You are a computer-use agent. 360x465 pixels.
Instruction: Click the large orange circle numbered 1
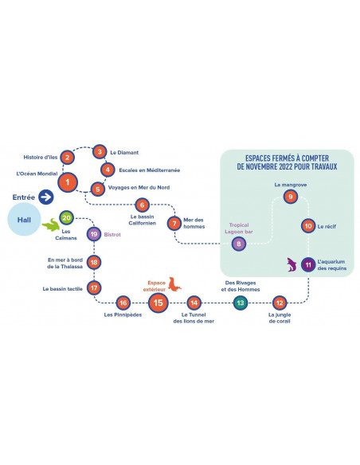click(68, 182)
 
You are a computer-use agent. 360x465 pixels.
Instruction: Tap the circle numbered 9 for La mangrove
click(291, 197)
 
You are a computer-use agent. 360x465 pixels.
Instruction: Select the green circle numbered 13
click(241, 303)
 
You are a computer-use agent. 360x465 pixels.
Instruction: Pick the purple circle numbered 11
click(308, 264)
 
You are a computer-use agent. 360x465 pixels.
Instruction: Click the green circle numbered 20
click(66, 218)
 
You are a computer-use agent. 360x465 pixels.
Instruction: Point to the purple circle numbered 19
click(94, 234)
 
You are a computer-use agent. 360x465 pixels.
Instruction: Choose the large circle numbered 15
click(158, 303)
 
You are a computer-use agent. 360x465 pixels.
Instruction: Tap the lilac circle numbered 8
click(239, 244)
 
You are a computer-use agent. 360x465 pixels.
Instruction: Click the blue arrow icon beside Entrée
click(46, 197)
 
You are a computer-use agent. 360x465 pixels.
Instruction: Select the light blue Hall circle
click(24, 220)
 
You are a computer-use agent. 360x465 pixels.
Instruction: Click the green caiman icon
click(51, 225)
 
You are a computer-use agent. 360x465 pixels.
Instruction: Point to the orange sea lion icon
click(174, 284)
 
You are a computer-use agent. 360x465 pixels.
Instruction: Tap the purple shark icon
click(292, 264)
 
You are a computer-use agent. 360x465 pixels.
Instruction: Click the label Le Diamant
click(124, 152)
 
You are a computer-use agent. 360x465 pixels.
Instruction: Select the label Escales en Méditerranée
click(150, 170)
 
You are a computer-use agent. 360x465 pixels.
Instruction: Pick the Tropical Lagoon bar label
click(239, 229)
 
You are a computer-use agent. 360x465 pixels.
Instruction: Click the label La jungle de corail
click(280, 318)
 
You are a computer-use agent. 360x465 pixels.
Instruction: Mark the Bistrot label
click(112, 234)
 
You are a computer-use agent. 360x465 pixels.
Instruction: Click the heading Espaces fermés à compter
click(287, 158)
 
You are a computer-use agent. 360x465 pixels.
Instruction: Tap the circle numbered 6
click(142, 205)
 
